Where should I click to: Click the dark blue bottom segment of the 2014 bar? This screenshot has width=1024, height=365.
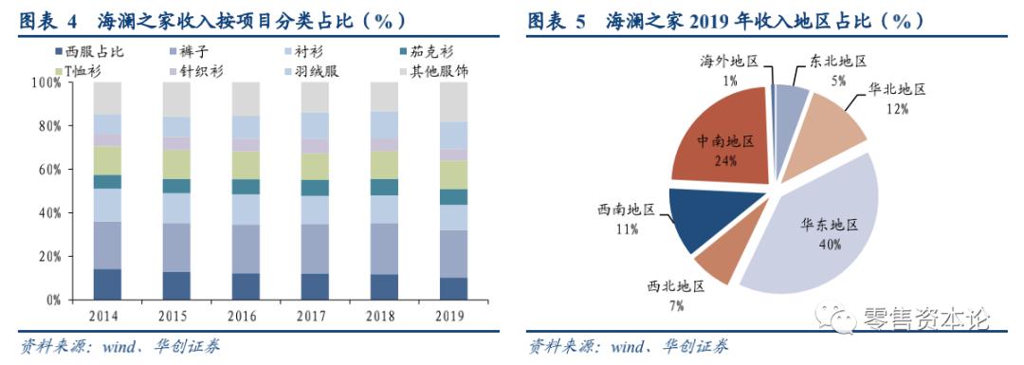point(106,283)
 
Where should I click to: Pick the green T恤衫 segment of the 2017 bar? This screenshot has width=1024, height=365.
point(315,166)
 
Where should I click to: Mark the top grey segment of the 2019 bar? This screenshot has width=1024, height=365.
point(453,101)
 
